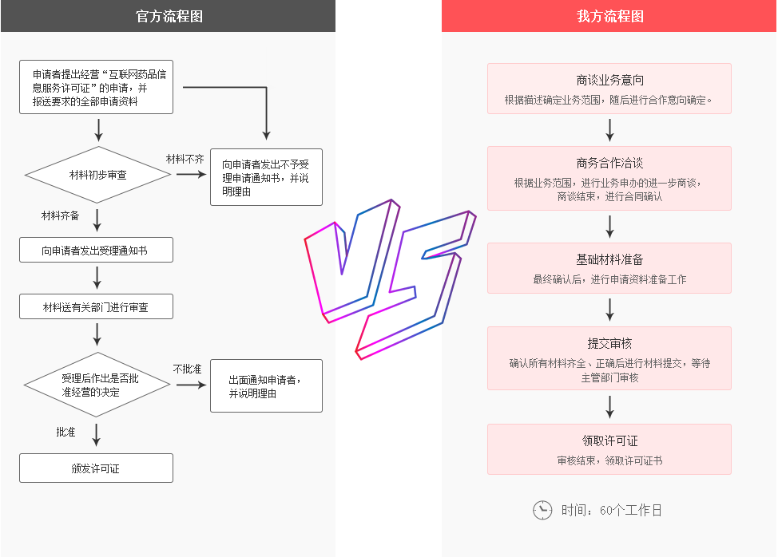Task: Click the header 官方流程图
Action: coord(168,16)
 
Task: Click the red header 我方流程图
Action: coord(609,16)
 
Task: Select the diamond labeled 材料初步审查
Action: coord(97,174)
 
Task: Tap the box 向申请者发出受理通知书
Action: coord(96,251)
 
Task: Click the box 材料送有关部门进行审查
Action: coord(96,306)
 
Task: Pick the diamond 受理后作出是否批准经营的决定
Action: coord(97,385)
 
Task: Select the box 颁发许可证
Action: coord(96,468)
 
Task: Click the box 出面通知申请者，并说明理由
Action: coord(266,386)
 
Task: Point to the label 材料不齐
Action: coord(185,160)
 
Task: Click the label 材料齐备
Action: coord(61,215)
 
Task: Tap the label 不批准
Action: coord(187,369)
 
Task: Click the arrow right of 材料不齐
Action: coord(191,174)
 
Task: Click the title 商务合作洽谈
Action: coord(609,163)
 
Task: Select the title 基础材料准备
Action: coord(609,260)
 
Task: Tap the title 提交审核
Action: coord(609,343)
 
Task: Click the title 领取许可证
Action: coord(609,440)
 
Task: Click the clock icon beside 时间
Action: coord(542,510)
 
